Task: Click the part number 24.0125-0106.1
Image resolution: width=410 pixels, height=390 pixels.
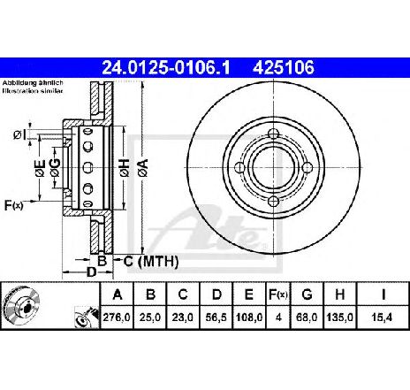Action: click(x=165, y=68)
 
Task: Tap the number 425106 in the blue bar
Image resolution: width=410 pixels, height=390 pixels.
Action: click(x=284, y=68)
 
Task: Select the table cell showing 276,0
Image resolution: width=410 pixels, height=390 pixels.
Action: click(x=117, y=317)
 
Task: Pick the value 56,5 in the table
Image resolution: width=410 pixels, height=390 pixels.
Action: click(x=216, y=317)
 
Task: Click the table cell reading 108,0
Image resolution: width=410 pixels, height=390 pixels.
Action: click(x=249, y=317)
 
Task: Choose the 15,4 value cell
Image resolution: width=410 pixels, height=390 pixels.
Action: click(x=383, y=317)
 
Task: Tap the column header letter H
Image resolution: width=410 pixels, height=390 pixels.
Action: click(x=340, y=294)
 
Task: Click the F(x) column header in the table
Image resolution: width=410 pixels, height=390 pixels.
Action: click(x=277, y=294)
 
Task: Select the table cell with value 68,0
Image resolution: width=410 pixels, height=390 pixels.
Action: click(x=307, y=317)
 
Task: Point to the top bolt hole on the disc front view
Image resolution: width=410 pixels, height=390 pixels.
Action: click(x=274, y=134)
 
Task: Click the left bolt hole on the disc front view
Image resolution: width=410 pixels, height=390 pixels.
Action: click(x=240, y=168)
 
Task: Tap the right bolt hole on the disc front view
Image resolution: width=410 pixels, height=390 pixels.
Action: click(x=307, y=168)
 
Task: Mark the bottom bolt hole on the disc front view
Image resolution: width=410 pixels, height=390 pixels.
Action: click(x=274, y=202)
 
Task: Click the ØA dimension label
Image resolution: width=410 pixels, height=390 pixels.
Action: click(x=143, y=168)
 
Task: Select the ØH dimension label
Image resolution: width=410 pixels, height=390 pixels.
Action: click(x=125, y=168)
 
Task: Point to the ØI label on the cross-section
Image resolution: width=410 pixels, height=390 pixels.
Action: click(x=19, y=135)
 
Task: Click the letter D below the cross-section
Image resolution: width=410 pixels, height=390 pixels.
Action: click(x=91, y=272)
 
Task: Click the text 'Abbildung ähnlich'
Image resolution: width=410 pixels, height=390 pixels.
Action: click(x=33, y=83)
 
